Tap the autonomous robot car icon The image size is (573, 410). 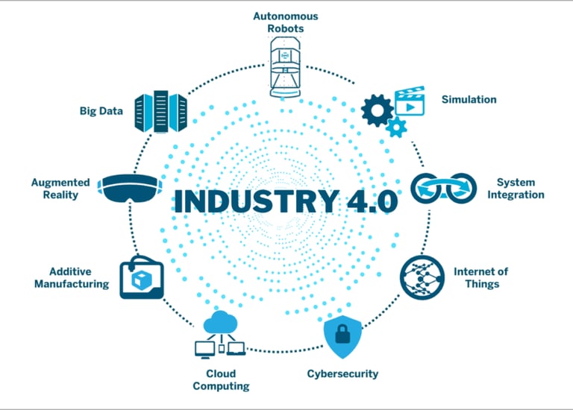[287, 69]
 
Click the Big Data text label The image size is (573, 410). [101, 112]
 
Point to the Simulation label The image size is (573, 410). [469, 99]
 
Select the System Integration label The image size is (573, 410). [519, 189]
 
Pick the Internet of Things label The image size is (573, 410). [480, 277]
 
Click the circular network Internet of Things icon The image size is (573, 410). [422, 277]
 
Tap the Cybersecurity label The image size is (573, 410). [342, 373]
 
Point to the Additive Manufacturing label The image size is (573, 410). [72, 277]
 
